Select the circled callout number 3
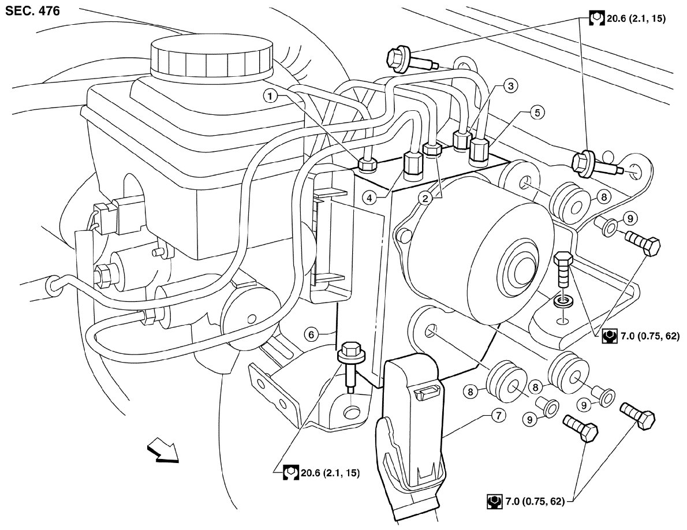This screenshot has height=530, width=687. click(x=509, y=87)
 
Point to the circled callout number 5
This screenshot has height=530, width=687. click(x=537, y=113)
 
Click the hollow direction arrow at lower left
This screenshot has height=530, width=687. click(x=163, y=450)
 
